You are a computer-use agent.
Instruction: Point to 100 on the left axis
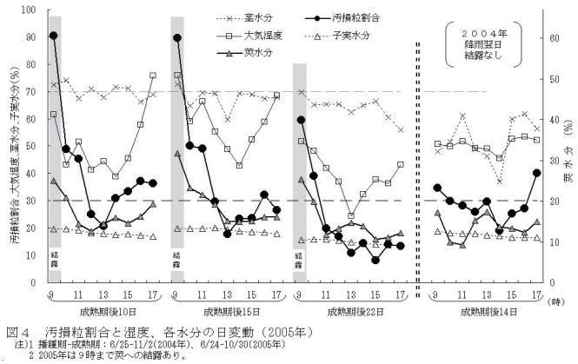click(x=30, y=11)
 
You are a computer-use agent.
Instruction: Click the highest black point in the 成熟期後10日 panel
click(x=54, y=36)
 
